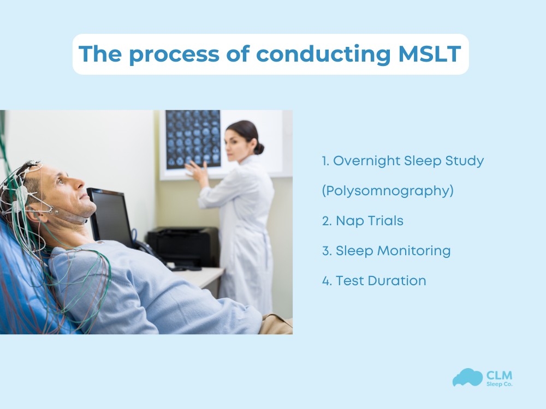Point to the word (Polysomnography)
click(388, 191)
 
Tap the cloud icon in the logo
click(467, 377)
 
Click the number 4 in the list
click(325, 281)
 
